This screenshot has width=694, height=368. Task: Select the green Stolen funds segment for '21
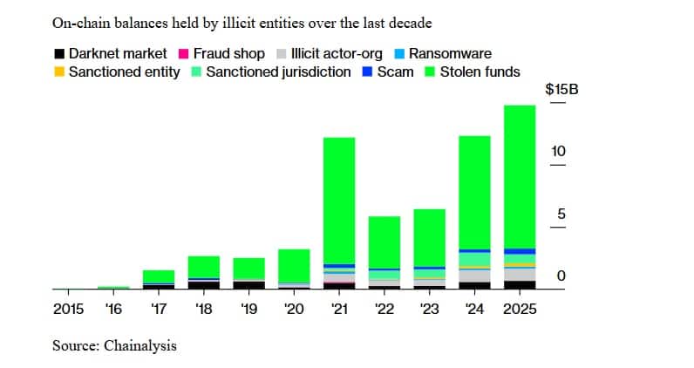tap(339, 200)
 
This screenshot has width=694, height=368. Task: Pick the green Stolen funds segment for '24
tap(474, 192)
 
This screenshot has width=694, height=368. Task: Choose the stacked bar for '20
tap(294, 269)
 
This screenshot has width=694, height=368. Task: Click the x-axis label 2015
tap(68, 308)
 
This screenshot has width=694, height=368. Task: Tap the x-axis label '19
tap(248, 308)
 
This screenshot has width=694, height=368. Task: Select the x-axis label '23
tap(429, 308)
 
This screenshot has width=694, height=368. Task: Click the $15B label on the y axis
tap(561, 91)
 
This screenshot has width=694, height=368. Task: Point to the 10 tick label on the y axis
tap(558, 152)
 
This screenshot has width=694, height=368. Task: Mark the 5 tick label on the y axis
tap(562, 214)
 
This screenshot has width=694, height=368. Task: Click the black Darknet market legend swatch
tap(59, 54)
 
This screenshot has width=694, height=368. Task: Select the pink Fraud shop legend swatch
tap(185, 54)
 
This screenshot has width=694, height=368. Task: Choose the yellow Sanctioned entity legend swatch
tap(59, 72)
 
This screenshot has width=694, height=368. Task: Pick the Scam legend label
tap(395, 72)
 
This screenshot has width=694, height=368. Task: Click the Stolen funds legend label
tap(480, 72)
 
